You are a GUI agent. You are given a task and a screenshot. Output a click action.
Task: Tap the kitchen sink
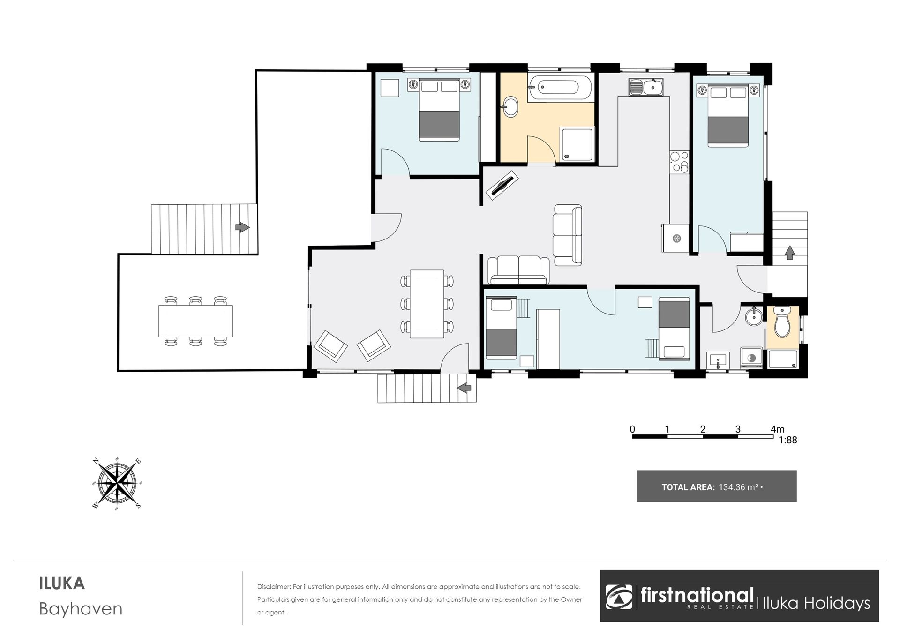[x=645, y=87]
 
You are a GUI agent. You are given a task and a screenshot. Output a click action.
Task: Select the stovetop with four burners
[x=679, y=162]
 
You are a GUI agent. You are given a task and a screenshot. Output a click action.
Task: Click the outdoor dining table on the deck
[x=195, y=321]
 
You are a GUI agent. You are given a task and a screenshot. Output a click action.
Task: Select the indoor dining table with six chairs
[x=427, y=304]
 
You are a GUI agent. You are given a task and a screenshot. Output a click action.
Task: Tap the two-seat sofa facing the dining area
[x=518, y=270]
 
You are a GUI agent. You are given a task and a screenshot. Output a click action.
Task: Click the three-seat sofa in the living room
[x=568, y=235]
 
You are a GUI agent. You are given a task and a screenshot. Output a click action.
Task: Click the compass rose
[x=117, y=484]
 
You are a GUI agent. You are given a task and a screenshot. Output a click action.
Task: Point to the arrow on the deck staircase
[x=242, y=228]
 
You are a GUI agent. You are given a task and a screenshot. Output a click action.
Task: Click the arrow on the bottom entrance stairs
[x=464, y=388]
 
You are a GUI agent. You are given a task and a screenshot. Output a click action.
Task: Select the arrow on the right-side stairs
[x=790, y=253]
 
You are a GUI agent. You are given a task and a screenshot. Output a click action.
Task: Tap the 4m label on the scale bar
[x=777, y=429]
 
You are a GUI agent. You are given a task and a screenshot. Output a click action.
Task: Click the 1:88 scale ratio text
[x=787, y=440]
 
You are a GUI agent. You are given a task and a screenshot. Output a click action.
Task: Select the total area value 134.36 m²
[x=739, y=487]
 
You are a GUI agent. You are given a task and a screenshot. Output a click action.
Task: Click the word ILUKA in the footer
[x=62, y=584]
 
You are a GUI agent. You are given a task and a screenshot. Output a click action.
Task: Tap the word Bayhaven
[x=81, y=609]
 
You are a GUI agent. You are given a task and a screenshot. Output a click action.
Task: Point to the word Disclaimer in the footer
[x=273, y=587]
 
